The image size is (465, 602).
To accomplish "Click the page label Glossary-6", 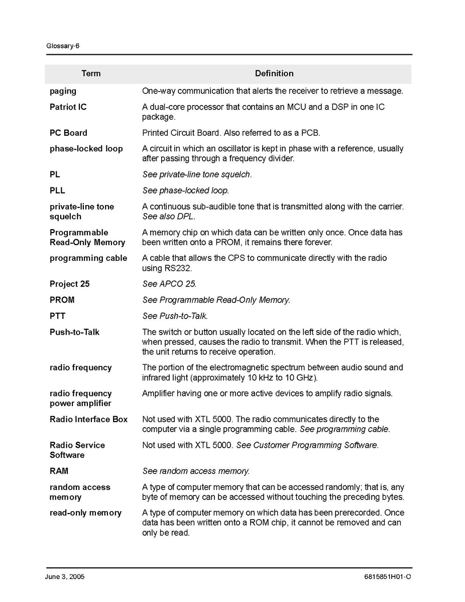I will [63, 46].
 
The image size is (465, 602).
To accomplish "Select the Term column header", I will [91, 73].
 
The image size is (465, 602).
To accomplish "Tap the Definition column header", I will [274, 73].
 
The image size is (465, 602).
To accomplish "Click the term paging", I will [63, 91].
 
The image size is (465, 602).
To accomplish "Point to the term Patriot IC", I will [68, 107].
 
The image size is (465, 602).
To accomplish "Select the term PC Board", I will [68, 133].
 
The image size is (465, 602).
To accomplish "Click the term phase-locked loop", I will [86, 149].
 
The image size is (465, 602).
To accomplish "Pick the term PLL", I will [57, 190].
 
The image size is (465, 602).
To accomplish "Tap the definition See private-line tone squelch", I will [197, 174].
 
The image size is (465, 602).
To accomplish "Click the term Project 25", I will [69, 284].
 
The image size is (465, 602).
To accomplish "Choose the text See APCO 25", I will [169, 284].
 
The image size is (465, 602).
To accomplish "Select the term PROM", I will [62, 300].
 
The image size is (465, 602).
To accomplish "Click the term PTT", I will [57, 316].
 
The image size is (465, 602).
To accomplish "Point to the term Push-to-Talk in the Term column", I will [74, 332].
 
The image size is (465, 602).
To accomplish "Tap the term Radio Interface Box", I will [88, 419].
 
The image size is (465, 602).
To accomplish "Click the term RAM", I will [59, 471].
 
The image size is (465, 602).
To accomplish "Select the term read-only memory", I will [85, 513].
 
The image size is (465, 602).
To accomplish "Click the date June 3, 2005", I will [65, 577].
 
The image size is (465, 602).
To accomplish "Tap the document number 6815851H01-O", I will [387, 577].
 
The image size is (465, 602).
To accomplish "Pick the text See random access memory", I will [196, 471].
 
